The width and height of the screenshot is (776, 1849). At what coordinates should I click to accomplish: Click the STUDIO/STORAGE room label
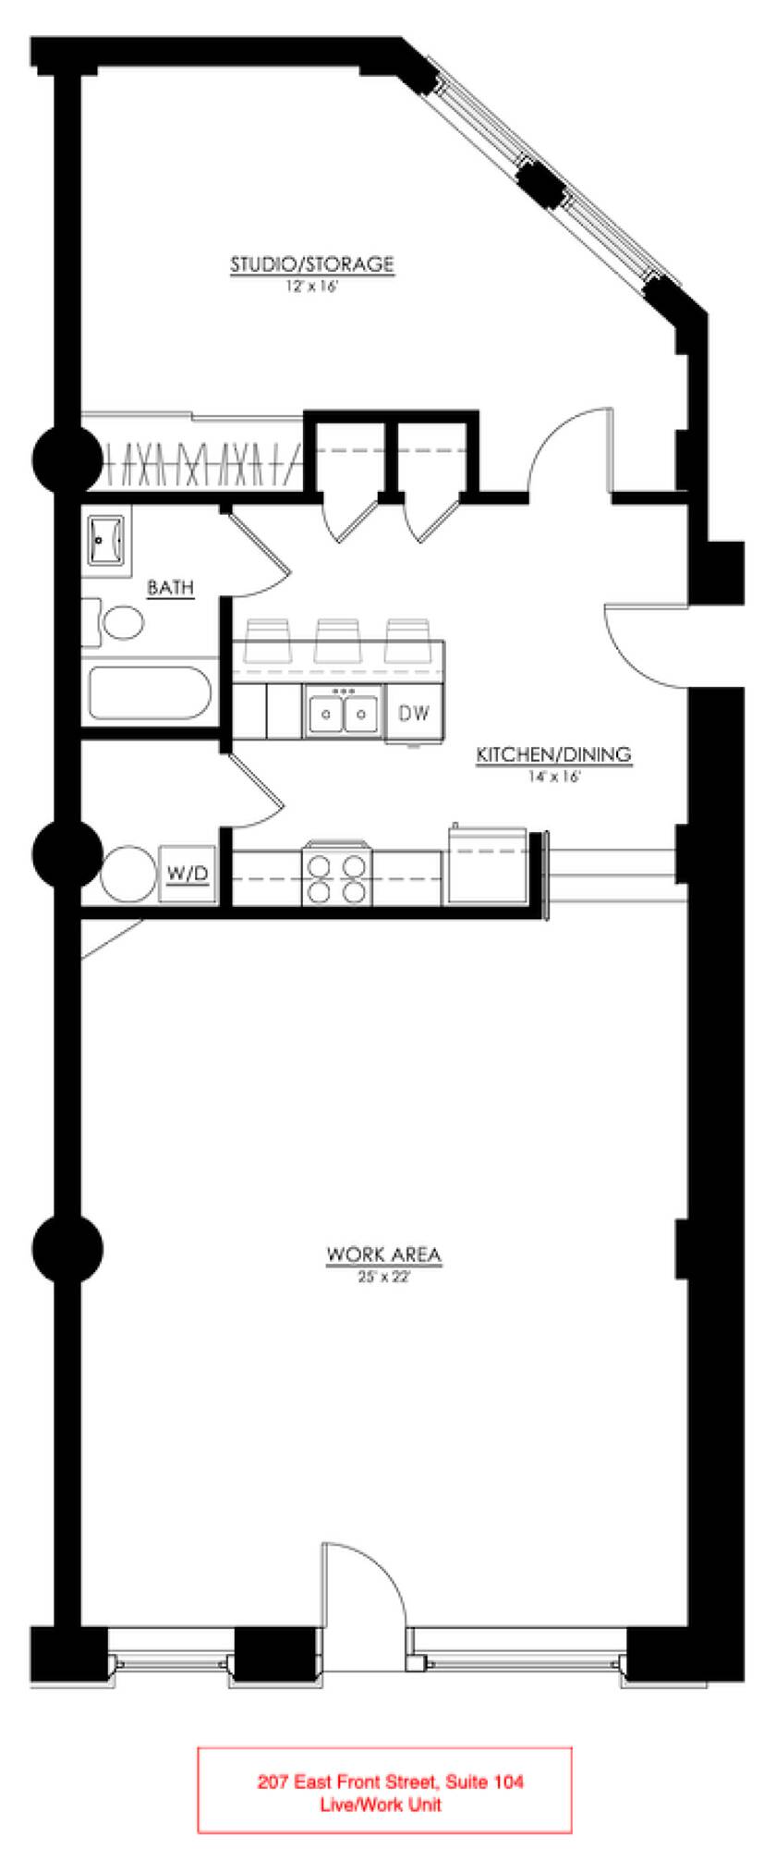coord(312,264)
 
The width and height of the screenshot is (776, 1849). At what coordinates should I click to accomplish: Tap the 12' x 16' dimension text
coord(312,288)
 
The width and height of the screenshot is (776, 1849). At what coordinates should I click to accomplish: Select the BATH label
coord(171,586)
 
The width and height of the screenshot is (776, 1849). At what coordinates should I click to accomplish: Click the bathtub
coord(149,693)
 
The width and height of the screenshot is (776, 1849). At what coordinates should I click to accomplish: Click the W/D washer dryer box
coord(188,873)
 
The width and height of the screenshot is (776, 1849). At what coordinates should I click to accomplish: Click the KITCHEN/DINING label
coord(553,755)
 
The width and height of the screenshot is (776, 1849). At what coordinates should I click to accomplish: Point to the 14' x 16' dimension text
coord(554,778)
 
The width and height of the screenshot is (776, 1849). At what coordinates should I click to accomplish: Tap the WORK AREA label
coord(383,1255)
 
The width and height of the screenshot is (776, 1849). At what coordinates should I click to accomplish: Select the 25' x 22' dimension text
coord(383,1278)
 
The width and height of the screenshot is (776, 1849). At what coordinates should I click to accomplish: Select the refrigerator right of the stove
coord(487,863)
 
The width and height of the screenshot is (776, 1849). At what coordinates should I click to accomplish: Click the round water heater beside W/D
coord(129,873)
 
